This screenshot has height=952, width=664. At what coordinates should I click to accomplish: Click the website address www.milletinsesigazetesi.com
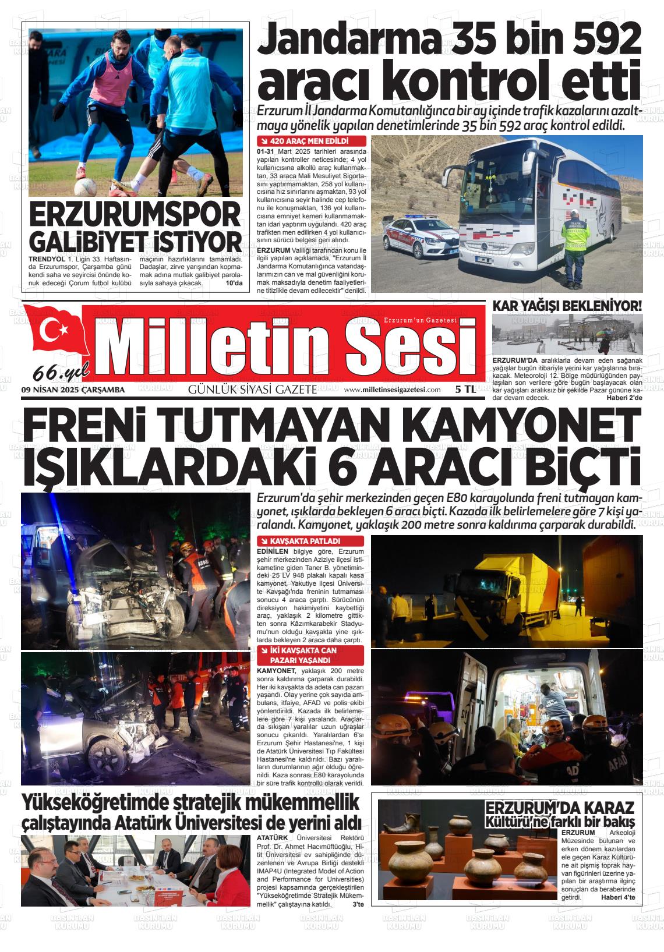[392, 390]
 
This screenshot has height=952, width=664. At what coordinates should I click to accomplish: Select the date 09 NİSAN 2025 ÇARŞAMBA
[73, 390]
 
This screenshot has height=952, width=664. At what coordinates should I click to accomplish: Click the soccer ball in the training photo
[86, 186]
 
